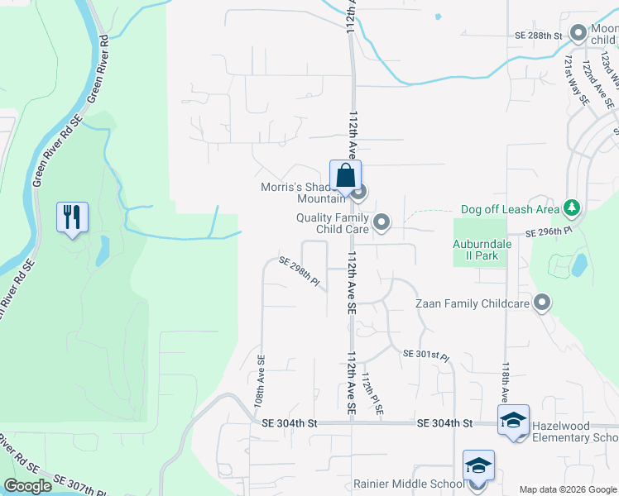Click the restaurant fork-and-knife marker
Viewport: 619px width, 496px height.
[x=72, y=217]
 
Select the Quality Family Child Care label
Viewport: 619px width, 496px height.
[x=332, y=222]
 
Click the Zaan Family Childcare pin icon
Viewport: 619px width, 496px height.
[x=542, y=303]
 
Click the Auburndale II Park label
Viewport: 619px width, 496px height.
[x=482, y=250]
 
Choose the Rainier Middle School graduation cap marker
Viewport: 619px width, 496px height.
[x=478, y=465]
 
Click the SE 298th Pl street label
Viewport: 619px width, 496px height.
[x=299, y=273]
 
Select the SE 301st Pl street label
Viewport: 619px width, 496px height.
[x=425, y=355]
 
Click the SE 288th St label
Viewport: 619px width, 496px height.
[x=538, y=36]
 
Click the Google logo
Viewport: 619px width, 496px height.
[x=27, y=486]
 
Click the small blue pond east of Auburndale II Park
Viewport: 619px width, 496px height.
[x=579, y=265]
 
